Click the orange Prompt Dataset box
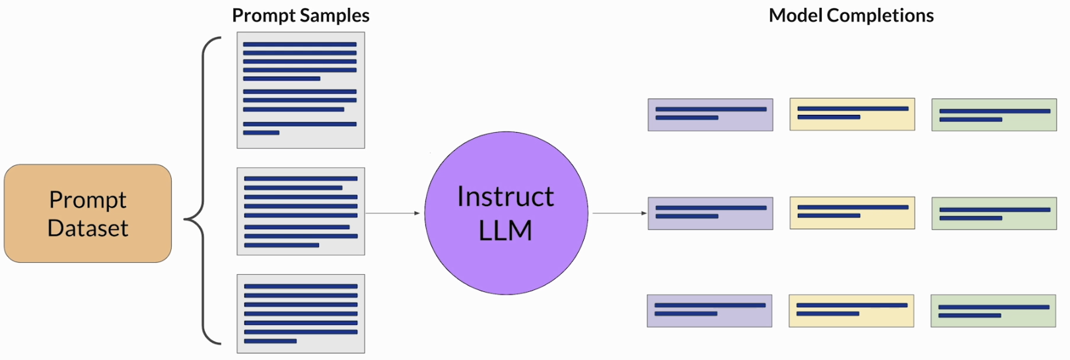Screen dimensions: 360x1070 (88, 213)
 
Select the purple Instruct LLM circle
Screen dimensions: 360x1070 (506, 213)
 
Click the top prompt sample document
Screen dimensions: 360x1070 (301, 90)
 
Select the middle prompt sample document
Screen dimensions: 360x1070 (301, 211)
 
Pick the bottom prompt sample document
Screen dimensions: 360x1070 (301, 314)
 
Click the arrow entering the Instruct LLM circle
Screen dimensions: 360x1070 (393, 213)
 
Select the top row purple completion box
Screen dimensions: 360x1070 (710, 115)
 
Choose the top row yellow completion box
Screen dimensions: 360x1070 (852, 114)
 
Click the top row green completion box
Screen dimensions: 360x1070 (994, 115)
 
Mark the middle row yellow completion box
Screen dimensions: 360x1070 (852, 213)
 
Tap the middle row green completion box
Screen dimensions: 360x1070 (994, 213)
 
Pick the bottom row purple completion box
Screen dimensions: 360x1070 (709, 310)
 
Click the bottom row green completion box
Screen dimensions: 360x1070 (993, 311)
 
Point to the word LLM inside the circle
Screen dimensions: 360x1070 (505, 231)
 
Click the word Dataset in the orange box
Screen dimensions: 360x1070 (88, 228)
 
